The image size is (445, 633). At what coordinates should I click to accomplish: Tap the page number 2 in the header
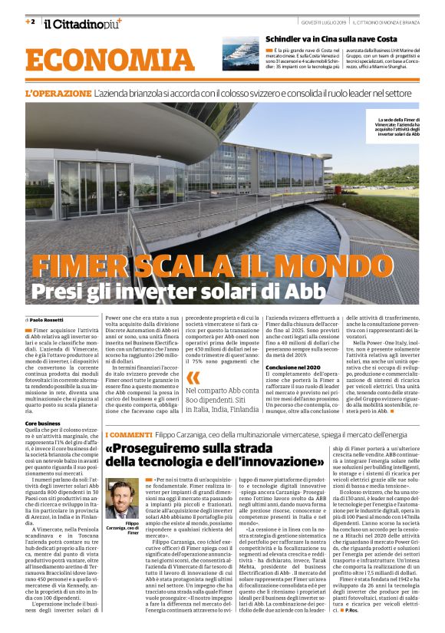(x=30, y=21)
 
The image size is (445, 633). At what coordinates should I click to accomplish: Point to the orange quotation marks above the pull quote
(x=193, y=377)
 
